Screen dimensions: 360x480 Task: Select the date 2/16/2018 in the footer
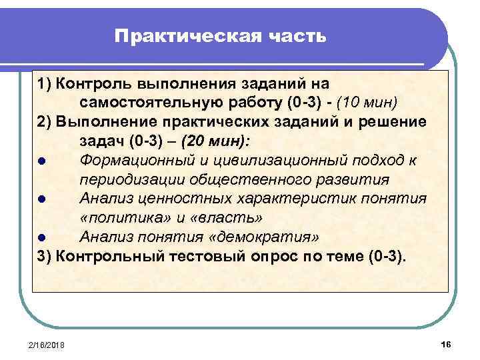pos(51,343)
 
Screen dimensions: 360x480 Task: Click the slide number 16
pos(446,343)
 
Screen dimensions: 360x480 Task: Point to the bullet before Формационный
pos(42,161)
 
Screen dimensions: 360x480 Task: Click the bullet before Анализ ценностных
pos(42,199)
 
